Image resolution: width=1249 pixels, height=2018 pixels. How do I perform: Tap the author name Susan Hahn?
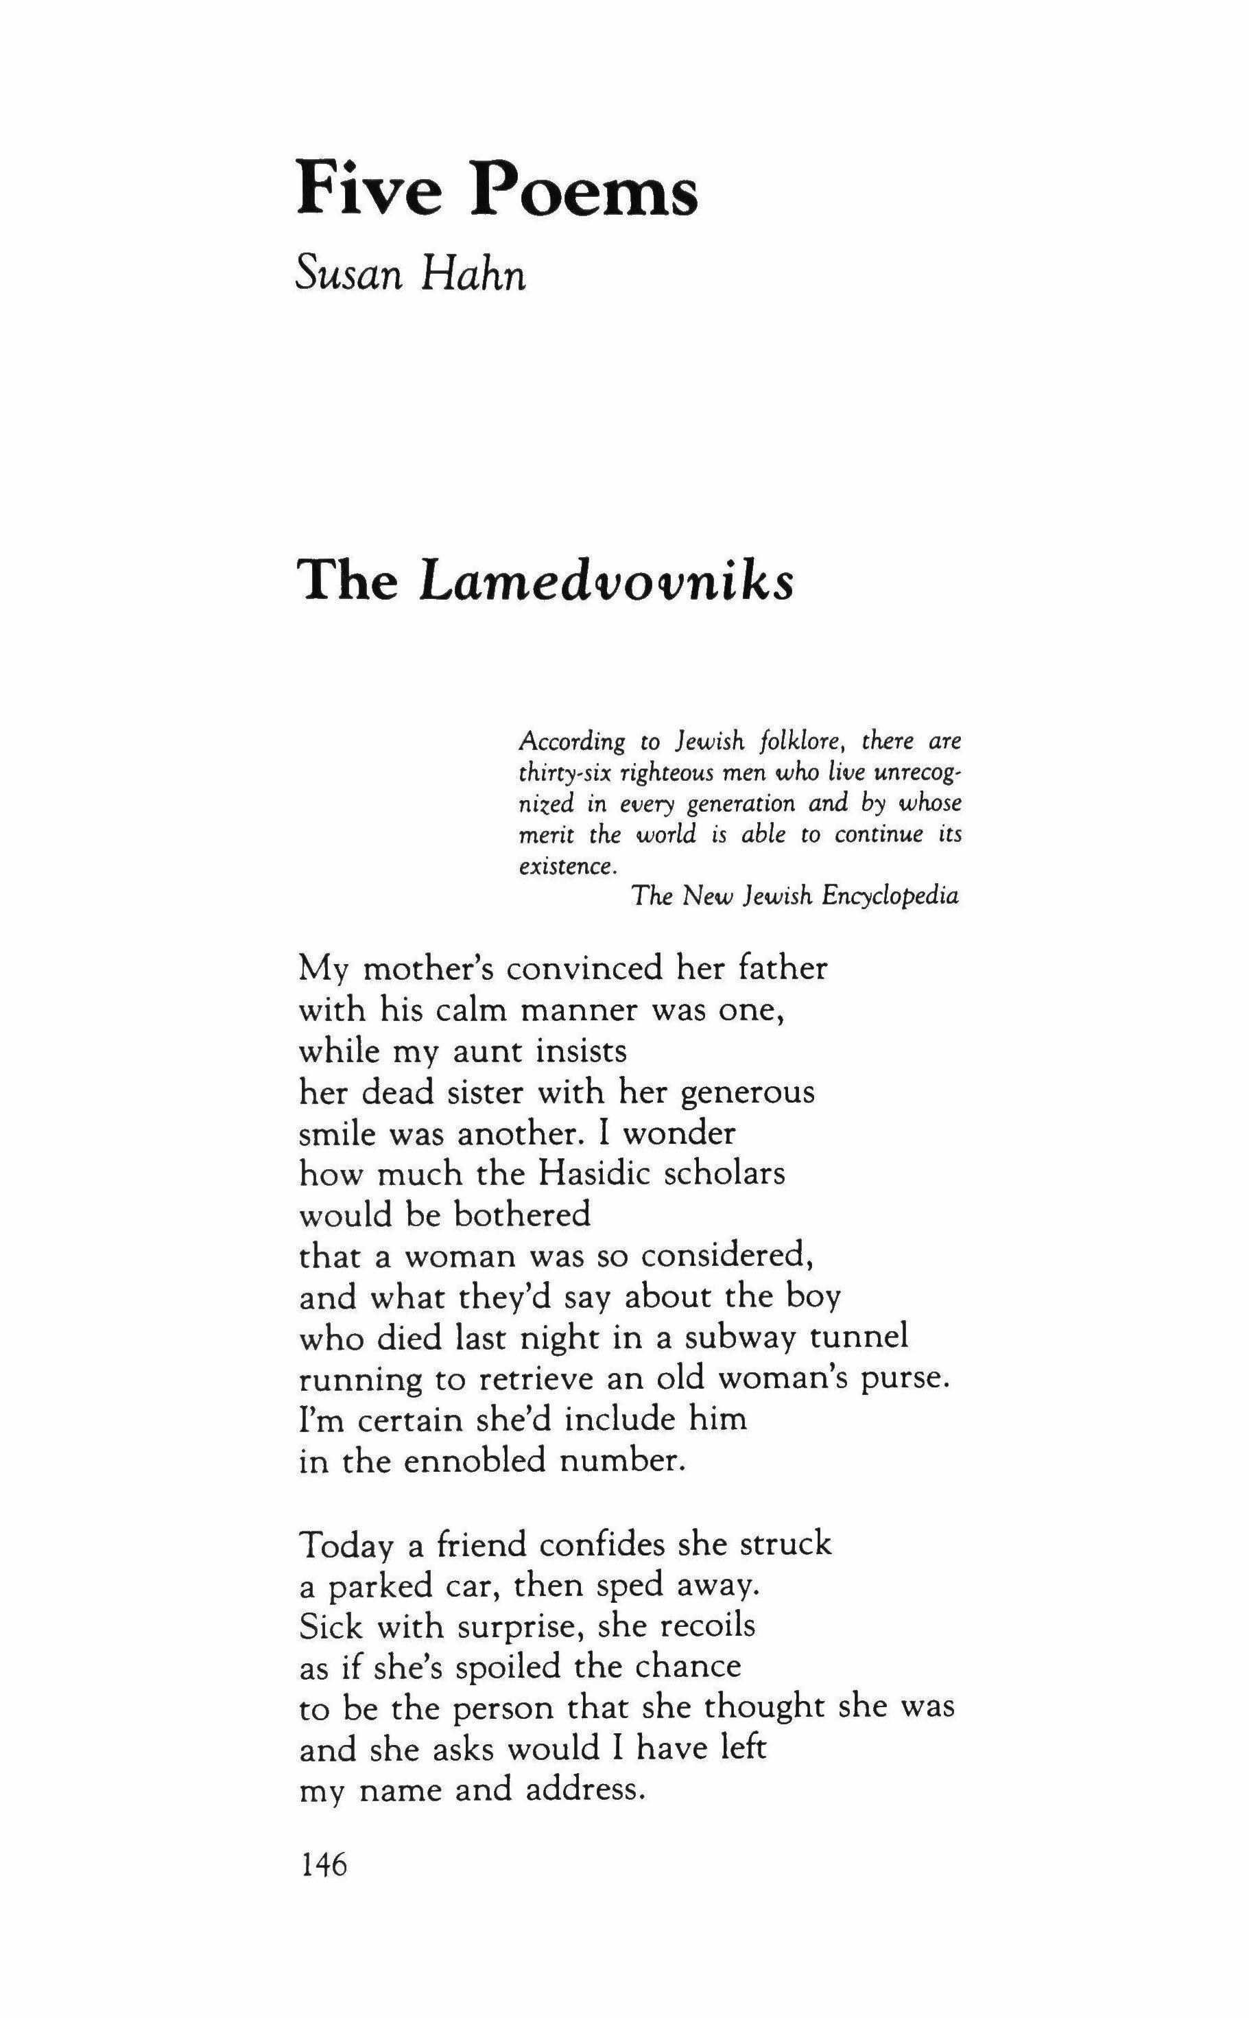click(x=411, y=274)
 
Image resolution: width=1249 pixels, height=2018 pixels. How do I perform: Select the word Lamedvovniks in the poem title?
click(x=607, y=583)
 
